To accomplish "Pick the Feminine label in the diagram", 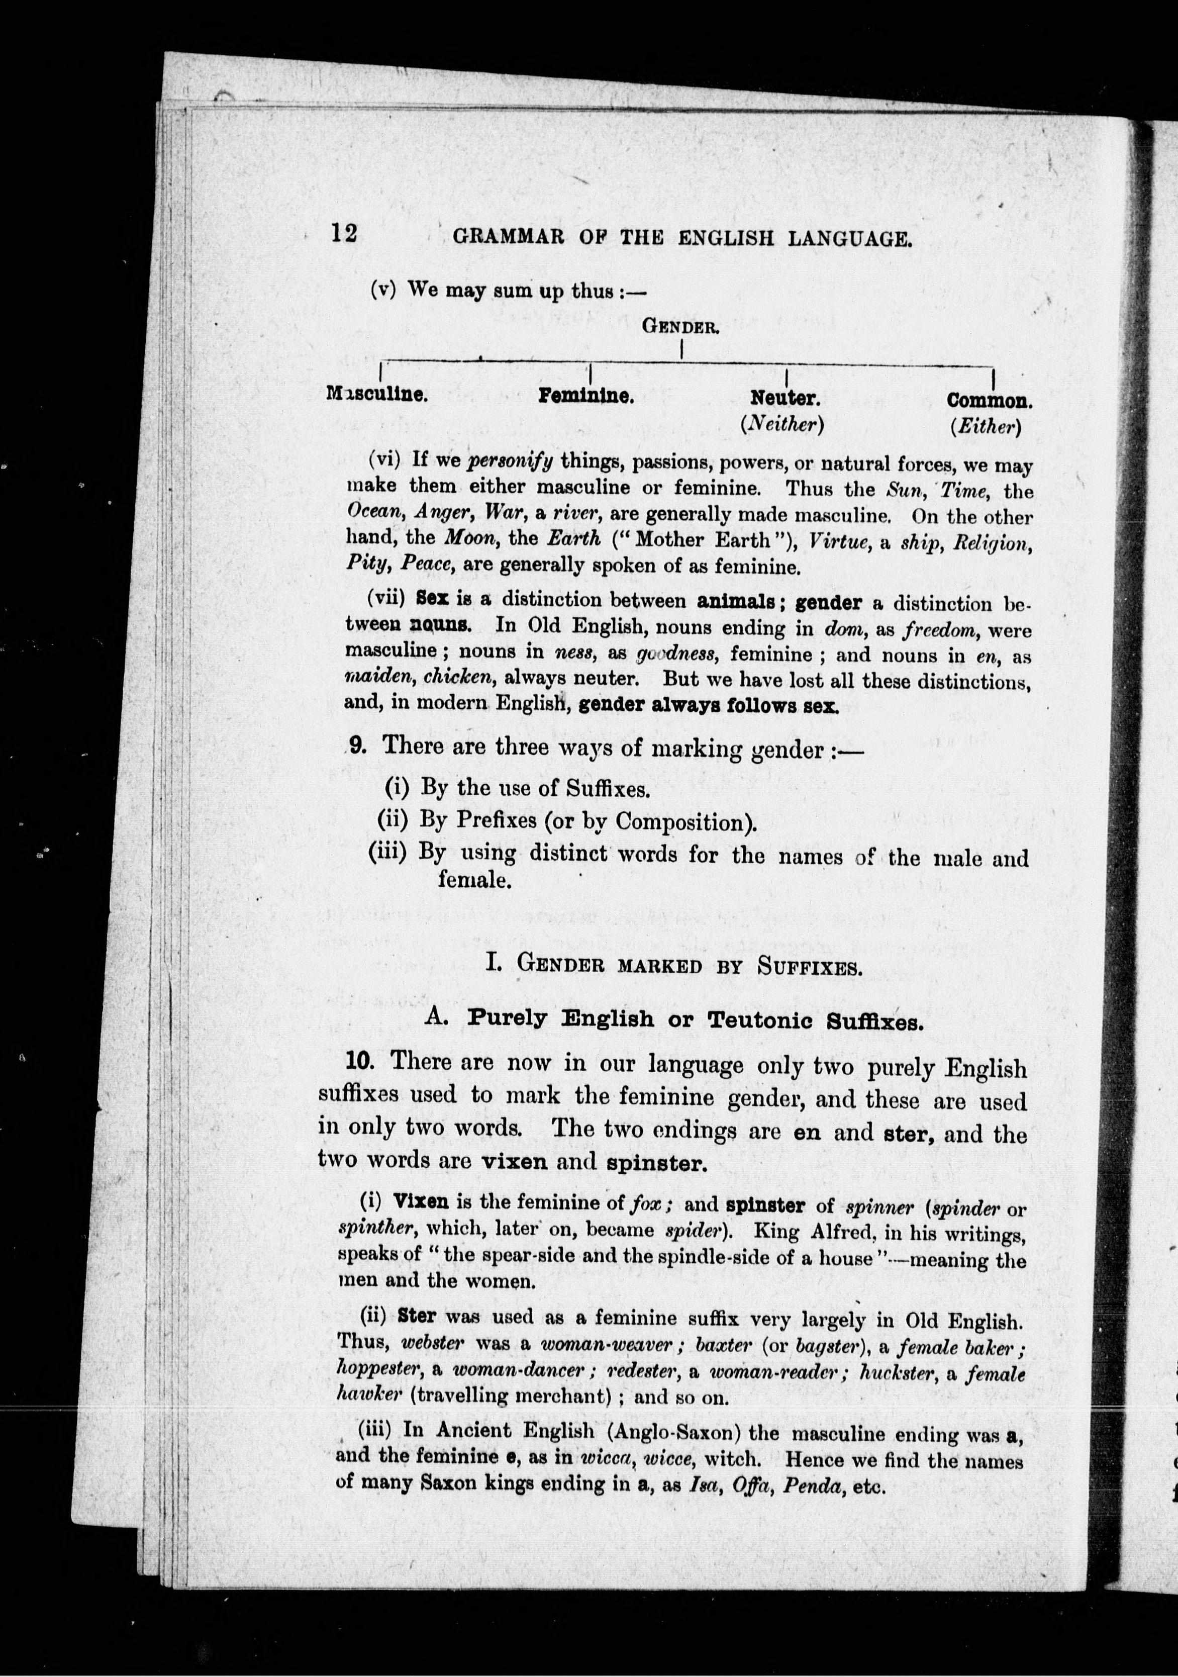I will (585, 397).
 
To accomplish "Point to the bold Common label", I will (989, 401).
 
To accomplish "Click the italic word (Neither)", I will (782, 424).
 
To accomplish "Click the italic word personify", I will (510, 461).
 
